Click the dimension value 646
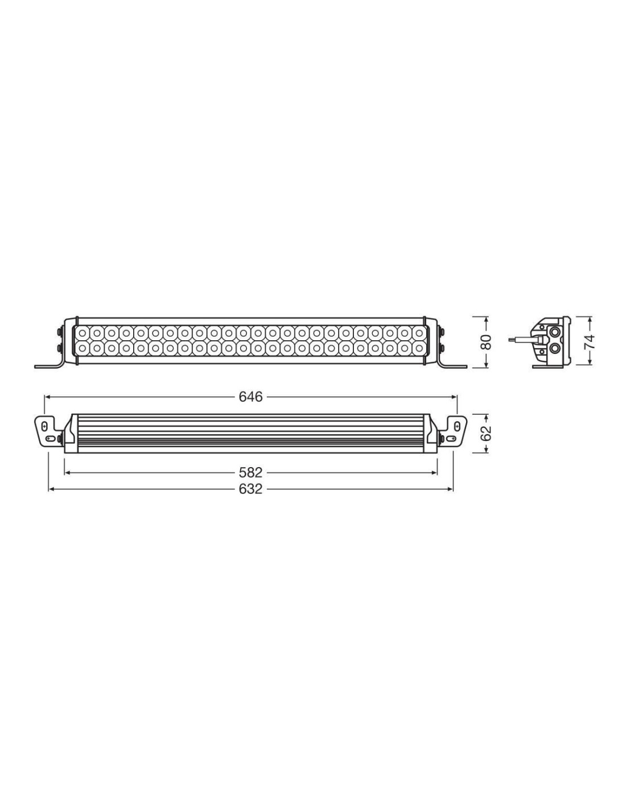click(250, 397)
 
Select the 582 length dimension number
click(250, 472)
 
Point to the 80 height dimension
click(486, 342)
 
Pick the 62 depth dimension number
click(486, 432)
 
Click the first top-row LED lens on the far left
click(83, 332)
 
